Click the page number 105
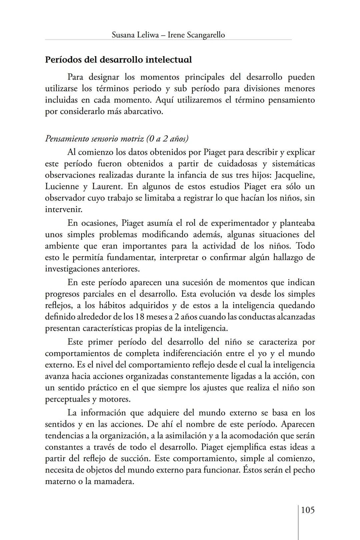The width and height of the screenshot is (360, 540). tap(308, 510)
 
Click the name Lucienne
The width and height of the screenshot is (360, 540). tap(61, 186)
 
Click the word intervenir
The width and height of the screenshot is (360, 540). tap(63, 209)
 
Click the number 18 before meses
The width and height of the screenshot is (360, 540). tap(140, 317)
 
